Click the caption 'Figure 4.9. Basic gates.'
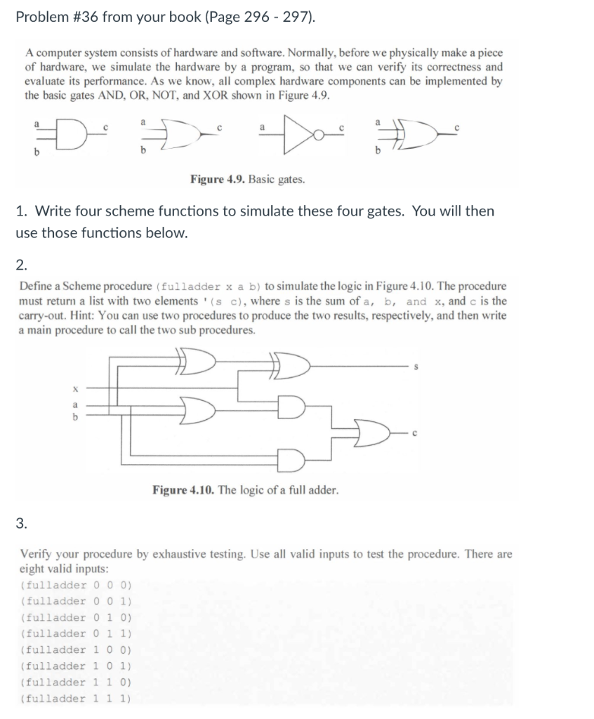[247, 179]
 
